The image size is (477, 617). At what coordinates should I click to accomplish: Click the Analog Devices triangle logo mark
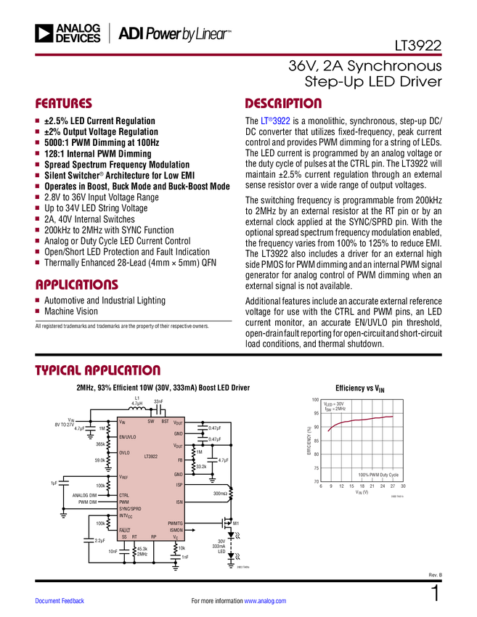(44, 33)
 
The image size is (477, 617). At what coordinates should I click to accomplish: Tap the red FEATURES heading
(64, 104)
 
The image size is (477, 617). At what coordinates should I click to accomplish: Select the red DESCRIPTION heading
(283, 104)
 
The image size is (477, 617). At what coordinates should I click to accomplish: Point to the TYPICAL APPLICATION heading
(97, 369)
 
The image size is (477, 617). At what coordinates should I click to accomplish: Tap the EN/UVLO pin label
(127, 437)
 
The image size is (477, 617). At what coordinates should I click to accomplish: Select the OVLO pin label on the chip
(125, 452)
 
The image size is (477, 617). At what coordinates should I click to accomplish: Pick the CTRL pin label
(124, 495)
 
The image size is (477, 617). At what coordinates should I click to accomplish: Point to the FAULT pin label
(125, 530)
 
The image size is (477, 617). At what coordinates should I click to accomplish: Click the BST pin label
(165, 421)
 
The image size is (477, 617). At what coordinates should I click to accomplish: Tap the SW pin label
(151, 421)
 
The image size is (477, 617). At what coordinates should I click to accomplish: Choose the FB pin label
(180, 460)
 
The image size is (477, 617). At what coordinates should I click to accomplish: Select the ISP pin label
(179, 485)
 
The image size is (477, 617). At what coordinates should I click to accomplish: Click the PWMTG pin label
(175, 523)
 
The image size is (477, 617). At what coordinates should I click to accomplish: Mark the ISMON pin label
(176, 530)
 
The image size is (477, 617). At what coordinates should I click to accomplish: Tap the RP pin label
(154, 536)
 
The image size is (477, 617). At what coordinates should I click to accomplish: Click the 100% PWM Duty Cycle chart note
(378, 474)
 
